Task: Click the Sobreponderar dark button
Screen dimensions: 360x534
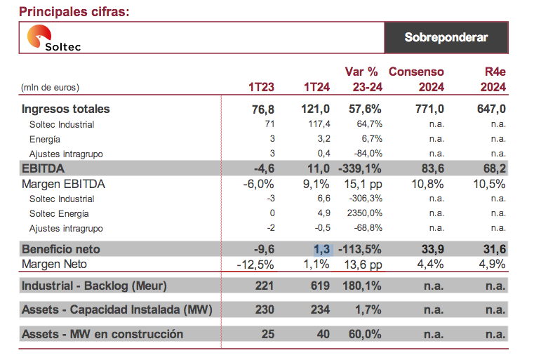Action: [446, 37]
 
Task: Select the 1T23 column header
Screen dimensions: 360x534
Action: [261, 88]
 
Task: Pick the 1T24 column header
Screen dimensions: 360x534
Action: [316, 88]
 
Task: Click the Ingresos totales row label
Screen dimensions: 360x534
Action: [66, 109]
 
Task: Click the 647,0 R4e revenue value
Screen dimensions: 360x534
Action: [491, 109]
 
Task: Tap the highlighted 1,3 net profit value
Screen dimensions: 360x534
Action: [321, 249]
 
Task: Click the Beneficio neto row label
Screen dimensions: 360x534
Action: [61, 249]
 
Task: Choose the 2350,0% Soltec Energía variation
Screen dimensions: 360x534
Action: [362, 213]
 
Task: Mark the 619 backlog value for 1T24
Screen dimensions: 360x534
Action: [321, 286]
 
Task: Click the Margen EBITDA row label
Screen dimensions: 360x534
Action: [64, 184]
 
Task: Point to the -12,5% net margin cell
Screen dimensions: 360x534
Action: [257, 264]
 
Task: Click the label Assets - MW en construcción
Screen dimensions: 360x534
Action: [102, 334]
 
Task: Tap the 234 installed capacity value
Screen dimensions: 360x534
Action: [321, 310]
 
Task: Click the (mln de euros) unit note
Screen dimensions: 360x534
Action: [51, 88]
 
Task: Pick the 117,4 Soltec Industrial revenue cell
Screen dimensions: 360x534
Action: [317, 124]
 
